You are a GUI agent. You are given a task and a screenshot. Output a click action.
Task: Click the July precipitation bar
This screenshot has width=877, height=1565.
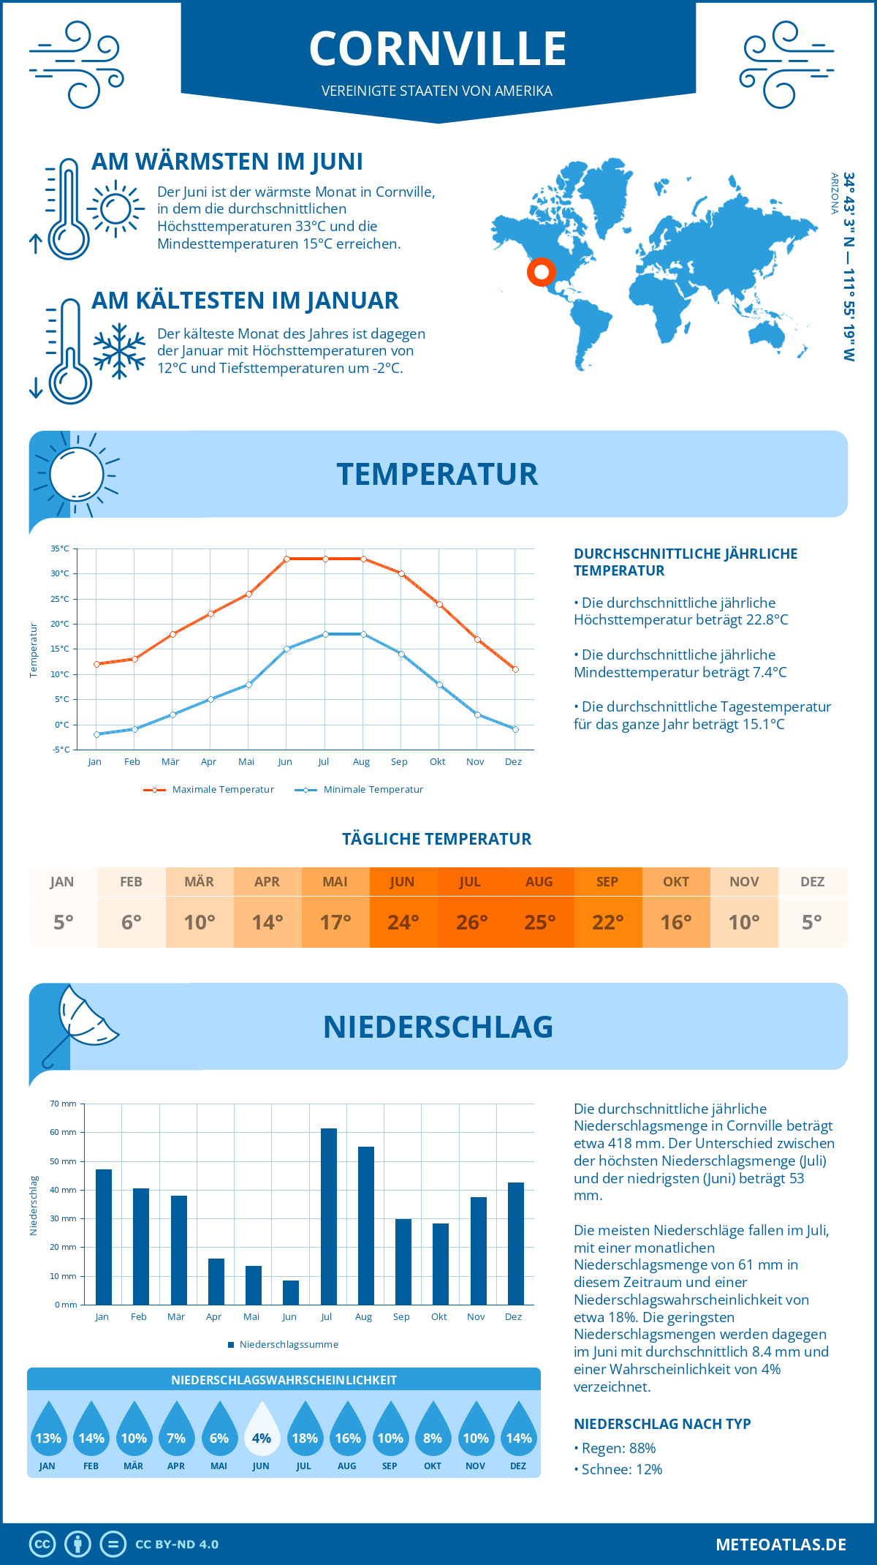(x=329, y=1217)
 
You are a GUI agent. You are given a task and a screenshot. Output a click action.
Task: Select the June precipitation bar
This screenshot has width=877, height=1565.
(x=291, y=1293)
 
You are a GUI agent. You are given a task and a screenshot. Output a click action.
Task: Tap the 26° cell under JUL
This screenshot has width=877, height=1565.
(x=471, y=922)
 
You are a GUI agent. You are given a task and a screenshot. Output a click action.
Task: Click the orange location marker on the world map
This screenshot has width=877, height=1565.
(x=542, y=272)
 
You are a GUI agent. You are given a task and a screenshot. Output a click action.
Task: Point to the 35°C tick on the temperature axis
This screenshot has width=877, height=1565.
(x=60, y=548)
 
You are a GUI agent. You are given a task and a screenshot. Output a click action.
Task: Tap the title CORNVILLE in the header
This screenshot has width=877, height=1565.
(x=438, y=49)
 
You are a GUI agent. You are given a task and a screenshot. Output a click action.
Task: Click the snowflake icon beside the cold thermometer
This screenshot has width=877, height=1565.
(x=119, y=351)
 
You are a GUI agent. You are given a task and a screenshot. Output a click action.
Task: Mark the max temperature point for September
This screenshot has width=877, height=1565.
(x=401, y=574)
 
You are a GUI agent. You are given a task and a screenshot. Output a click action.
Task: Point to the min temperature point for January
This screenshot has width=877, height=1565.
(x=96, y=734)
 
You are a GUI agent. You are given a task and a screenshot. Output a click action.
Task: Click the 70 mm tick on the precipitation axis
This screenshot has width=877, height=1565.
(x=64, y=1104)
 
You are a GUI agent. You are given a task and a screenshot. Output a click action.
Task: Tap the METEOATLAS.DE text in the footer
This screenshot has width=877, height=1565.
(x=781, y=1544)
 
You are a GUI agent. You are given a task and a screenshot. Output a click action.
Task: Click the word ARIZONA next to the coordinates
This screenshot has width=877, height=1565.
(x=834, y=193)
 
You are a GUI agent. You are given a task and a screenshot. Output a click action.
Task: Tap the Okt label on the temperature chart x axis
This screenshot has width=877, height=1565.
(x=437, y=761)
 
